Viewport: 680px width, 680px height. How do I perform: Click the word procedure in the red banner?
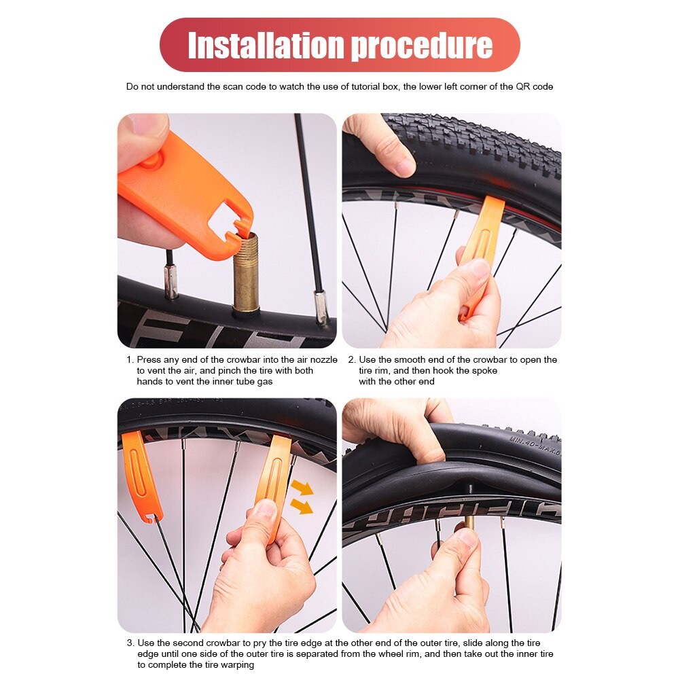pos(422,46)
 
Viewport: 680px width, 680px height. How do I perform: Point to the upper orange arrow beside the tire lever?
pos(303,488)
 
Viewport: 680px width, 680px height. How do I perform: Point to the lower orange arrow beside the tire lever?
pos(302,507)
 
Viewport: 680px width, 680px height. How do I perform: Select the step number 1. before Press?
pos(130,359)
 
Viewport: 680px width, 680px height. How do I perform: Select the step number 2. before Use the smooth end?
pos(352,359)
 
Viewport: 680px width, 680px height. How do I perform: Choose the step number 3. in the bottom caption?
pos(130,643)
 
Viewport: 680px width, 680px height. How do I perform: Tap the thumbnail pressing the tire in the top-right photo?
pos(405,166)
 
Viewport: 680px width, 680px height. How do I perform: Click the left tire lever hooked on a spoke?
pos(140,476)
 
